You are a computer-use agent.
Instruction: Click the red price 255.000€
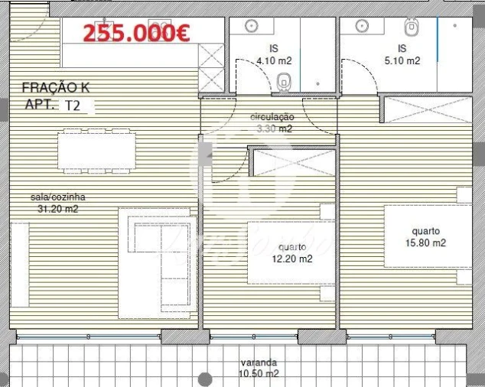[x=136, y=33]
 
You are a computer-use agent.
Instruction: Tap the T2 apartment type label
[x=73, y=106]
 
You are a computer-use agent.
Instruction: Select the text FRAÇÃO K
[x=61, y=88]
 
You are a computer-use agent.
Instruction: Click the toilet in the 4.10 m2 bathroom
[x=285, y=80]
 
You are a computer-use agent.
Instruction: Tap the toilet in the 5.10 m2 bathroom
[x=412, y=28]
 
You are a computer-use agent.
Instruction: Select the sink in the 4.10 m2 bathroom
[x=252, y=27]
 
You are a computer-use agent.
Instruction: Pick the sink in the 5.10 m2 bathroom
[x=360, y=27]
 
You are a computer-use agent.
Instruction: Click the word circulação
[x=272, y=117]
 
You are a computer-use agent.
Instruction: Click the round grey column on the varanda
[x=204, y=379]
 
